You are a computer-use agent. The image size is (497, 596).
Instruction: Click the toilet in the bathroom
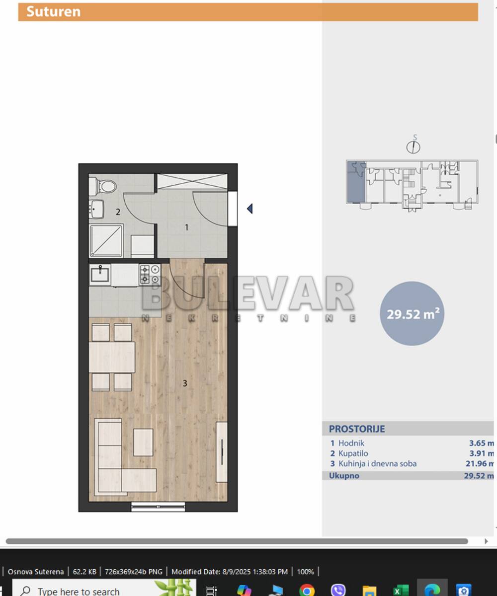[x=102, y=186]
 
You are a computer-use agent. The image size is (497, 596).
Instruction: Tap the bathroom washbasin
[x=96, y=209]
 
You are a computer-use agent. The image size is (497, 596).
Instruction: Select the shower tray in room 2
[x=106, y=241]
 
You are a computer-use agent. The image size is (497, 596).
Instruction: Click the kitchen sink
[x=100, y=275]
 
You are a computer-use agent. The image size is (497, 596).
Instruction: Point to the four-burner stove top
[x=150, y=274]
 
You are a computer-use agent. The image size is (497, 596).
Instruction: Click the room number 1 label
[x=186, y=227]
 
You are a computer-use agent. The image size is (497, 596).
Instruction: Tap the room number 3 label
[x=185, y=383]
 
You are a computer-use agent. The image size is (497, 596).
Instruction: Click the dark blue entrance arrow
[x=250, y=209]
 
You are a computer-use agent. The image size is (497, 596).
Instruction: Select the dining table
[x=112, y=357]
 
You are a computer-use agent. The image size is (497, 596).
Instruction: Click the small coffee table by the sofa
[x=143, y=442]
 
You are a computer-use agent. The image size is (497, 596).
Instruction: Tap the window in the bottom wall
[x=158, y=507]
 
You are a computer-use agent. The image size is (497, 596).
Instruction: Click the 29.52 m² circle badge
[x=412, y=313]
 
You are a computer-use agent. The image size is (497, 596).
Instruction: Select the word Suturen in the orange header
[x=53, y=12]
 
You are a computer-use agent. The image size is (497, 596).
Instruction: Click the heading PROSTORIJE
[x=357, y=429]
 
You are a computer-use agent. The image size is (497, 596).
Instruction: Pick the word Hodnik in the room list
[x=351, y=444]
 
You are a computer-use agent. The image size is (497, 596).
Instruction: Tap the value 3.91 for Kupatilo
[x=477, y=453]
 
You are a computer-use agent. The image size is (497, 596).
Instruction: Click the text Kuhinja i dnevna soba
[x=377, y=463]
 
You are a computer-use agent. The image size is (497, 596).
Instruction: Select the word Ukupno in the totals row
[x=344, y=476]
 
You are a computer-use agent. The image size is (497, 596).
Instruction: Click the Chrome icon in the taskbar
[x=307, y=590]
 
